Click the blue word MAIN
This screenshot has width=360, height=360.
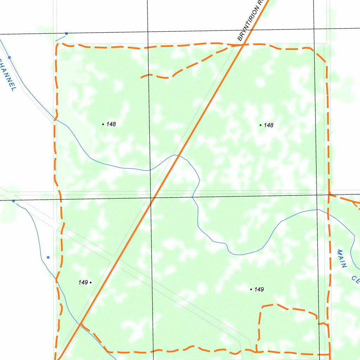coord(342,259)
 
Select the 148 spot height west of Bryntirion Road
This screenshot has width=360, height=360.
coord(103,124)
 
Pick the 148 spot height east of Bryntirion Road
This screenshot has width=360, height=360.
coord(261,125)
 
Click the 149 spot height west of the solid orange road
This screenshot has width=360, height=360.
coord(90,282)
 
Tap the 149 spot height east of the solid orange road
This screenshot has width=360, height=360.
coord(251,289)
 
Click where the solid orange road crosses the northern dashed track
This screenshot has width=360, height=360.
coord(243,45)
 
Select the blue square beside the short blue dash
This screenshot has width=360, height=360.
coord(66,33)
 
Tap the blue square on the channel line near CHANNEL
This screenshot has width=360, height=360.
coord(9,57)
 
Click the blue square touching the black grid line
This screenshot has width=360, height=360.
coord(13,201)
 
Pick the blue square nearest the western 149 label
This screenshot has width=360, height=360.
coord(48,257)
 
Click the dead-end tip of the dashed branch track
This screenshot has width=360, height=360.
coord(141,77)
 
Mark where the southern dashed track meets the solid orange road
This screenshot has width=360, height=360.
coord(81,323)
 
